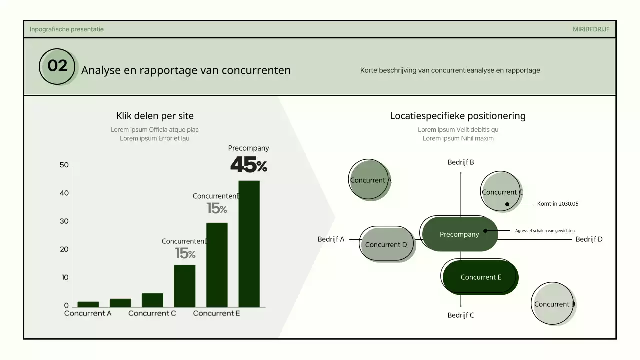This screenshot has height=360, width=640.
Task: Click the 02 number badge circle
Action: (57, 66)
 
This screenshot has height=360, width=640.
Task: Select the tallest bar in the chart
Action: (249, 243)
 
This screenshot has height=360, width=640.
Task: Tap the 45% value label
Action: (248, 165)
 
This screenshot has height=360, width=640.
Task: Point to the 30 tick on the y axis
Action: (64, 221)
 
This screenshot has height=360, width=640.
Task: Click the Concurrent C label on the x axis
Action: (152, 313)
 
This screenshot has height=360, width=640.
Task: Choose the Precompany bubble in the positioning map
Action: (460, 234)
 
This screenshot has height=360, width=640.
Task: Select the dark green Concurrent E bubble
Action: (480, 277)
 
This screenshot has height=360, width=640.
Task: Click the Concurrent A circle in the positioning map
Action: (369, 180)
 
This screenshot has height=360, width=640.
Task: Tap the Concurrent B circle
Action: (553, 304)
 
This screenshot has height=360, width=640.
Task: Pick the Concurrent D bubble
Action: (385, 244)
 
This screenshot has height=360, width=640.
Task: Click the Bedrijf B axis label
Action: (461, 162)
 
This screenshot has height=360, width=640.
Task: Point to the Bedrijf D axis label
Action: (589, 239)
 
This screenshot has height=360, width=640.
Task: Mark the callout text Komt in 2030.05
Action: (557, 204)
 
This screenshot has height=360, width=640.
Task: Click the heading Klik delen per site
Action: (155, 116)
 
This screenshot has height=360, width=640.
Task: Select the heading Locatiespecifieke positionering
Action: (458, 116)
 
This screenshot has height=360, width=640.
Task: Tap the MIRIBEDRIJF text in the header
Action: (591, 29)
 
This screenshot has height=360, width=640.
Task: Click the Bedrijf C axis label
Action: (461, 315)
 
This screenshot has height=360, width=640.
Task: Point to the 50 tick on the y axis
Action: (64, 165)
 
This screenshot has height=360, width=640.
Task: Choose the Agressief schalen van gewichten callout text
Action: (545, 231)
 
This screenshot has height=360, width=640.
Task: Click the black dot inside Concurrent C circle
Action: (507, 204)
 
